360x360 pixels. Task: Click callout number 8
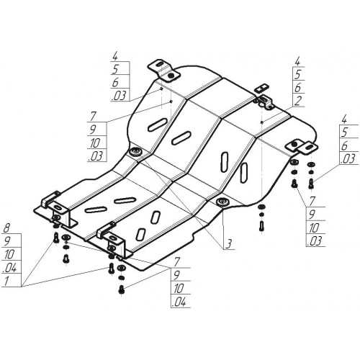point(6,228)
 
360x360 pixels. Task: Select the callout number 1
point(6,280)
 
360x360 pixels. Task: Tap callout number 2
point(297,101)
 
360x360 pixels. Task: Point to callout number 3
point(229,244)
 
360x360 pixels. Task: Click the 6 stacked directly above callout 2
point(297,88)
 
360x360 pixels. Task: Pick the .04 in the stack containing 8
point(10,267)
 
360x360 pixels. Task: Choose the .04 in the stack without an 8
point(179,302)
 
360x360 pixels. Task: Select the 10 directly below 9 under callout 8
point(9,254)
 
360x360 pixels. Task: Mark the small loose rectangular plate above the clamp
point(262,88)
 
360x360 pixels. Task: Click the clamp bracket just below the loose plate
point(264,102)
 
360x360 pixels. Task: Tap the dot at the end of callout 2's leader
point(262,122)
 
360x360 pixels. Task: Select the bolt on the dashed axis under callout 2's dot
point(262,225)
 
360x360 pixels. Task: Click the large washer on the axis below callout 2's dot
point(262,207)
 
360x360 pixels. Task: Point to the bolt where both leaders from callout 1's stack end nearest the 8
point(56,238)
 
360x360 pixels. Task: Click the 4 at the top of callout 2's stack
point(297,61)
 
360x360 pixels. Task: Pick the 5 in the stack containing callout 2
point(297,74)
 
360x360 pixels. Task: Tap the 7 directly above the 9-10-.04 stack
point(177,261)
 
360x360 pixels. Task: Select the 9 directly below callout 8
point(6,240)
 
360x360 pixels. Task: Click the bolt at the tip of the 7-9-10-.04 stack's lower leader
point(122,289)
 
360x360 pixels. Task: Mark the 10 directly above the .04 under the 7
point(178,289)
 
